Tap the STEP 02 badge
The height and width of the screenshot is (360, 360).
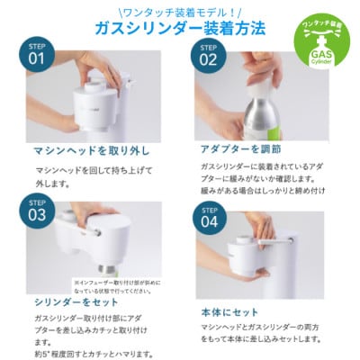(x=208, y=58)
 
